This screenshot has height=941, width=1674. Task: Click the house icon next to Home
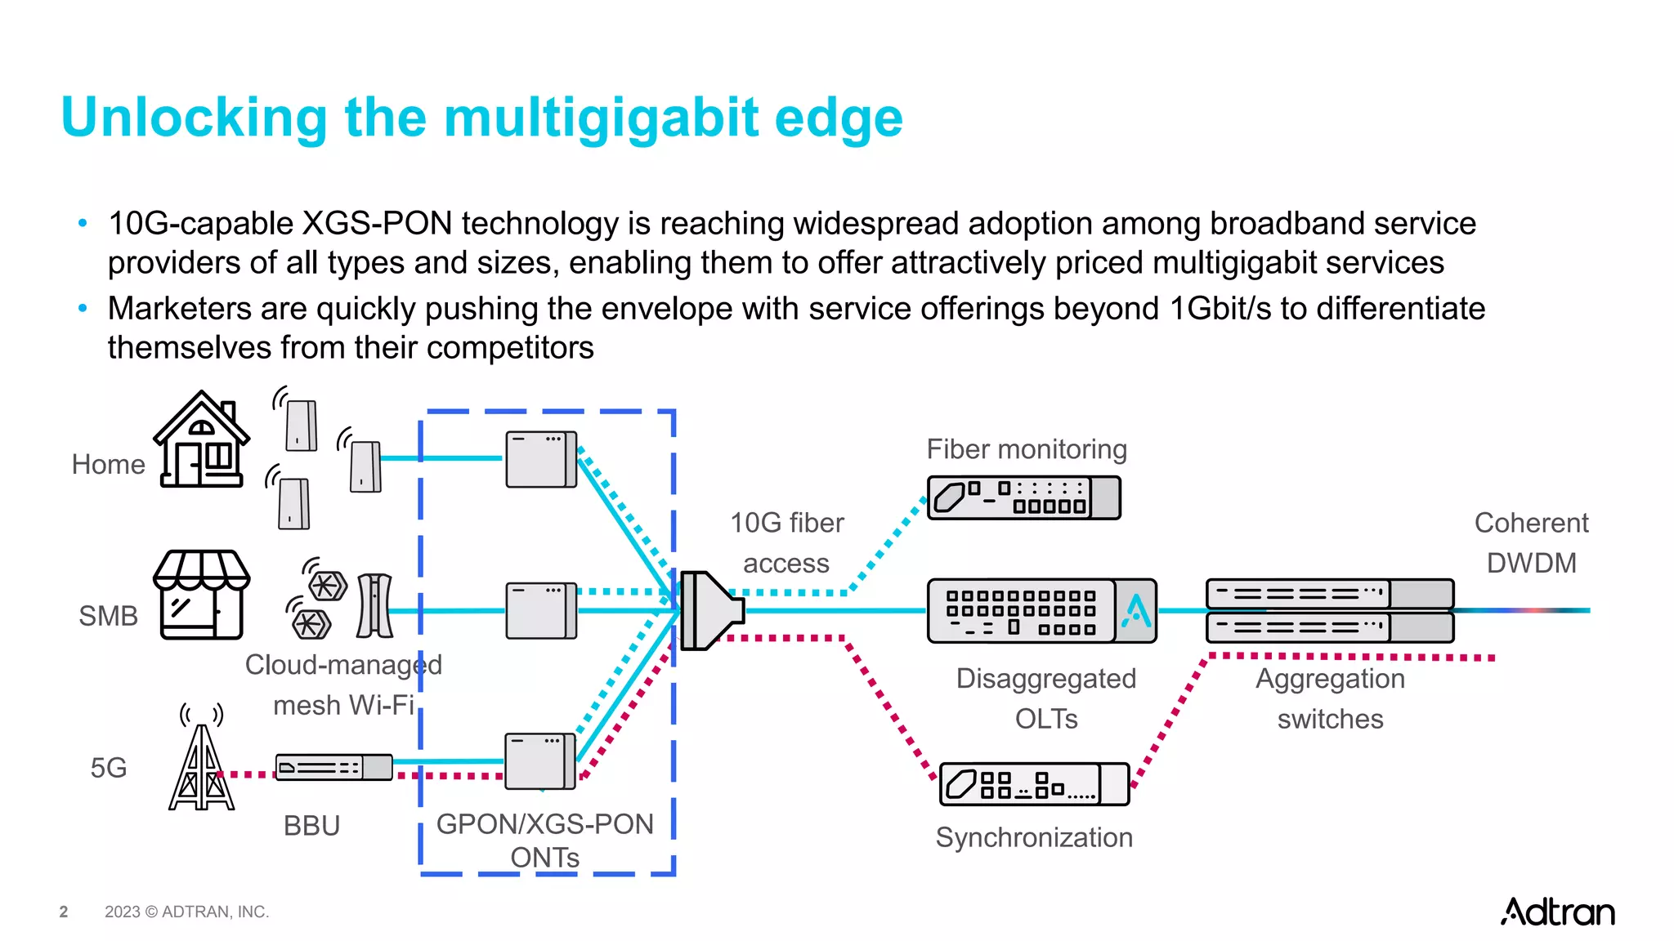tap(201, 441)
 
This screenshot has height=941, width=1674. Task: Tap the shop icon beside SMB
tap(201, 594)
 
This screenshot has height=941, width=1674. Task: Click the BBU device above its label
tap(333, 768)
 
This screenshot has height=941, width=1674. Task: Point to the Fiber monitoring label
tap(1027, 449)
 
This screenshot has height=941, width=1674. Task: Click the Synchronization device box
tap(1034, 784)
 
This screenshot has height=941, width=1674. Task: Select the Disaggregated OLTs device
tap(1041, 611)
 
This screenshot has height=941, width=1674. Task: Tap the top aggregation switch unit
tap(1329, 594)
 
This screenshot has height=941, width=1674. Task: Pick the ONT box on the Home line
tap(541, 459)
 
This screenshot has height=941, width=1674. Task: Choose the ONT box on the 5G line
tap(540, 761)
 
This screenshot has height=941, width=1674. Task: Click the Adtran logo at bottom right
tap(1557, 912)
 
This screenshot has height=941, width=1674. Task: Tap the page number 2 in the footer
tap(64, 912)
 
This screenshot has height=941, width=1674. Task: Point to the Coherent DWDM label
tap(1531, 542)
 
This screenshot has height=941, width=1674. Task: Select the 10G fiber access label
tap(786, 542)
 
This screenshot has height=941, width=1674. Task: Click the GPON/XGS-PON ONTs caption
tap(545, 840)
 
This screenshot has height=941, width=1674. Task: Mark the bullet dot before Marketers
tap(82, 309)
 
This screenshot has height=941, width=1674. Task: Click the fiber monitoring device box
tap(1023, 497)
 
